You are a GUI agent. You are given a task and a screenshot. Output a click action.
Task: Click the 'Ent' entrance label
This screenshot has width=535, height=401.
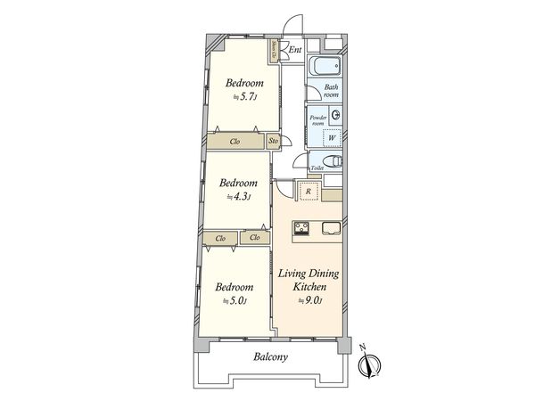295,50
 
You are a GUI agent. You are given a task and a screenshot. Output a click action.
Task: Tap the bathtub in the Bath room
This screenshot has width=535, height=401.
325,68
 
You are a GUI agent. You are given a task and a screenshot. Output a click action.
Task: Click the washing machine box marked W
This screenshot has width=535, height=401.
331,137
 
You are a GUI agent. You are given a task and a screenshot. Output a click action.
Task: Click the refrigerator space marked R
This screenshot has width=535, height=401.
308,192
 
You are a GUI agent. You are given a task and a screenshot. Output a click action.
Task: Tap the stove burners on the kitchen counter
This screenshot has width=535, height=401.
300,228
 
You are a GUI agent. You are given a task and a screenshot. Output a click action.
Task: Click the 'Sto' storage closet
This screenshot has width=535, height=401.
274,141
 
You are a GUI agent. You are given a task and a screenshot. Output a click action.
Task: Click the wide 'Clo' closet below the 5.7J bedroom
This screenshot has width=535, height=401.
235,141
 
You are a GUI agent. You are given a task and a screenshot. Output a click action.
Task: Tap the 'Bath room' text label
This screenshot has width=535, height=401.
332,90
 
